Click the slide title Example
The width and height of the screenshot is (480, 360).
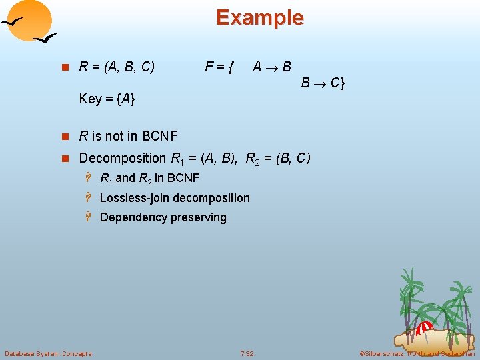(x=259, y=17)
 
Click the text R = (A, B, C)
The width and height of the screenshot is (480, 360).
(x=117, y=67)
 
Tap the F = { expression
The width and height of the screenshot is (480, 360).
(x=219, y=67)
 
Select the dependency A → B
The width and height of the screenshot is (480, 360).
(x=271, y=67)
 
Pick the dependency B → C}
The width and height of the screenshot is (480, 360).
(x=323, y=83)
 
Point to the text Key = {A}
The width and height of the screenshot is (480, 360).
(x=107, y=99)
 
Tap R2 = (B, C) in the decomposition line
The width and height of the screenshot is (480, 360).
(x=278, y=159)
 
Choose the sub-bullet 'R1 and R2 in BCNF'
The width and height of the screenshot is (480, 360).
(x=149, y=178)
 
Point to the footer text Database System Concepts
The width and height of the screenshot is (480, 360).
(x=48, y=353)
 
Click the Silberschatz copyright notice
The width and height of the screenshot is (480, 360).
(x=417, y=353)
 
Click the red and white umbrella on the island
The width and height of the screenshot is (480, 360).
(x=424, y=327)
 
